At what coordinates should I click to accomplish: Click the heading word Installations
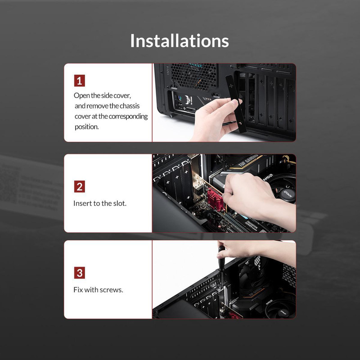(x=180, y=40)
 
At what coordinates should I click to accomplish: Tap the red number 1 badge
(x=80, y=81)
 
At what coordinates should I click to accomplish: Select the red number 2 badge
(x=80, y=186)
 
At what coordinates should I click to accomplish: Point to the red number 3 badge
(x=80, y=273)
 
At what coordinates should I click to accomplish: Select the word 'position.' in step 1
(x=86, y=127)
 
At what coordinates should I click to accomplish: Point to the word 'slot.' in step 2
(x=119, y=203)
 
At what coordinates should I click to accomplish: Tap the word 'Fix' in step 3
(x=78, y=290)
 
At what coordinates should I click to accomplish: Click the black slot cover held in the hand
(x=236, y=104)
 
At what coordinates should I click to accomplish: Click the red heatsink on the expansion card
(x=216, y=199)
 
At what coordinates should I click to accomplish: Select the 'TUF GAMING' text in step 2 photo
(x=248, y=161)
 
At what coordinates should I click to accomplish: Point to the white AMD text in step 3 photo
(x=269, y=302)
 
